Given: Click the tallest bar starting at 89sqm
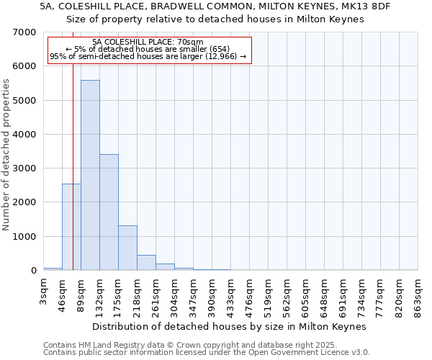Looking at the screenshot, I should pos(90,175).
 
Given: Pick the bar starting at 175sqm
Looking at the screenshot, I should pos(127,248).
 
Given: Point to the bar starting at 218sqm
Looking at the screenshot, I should pos(146,263).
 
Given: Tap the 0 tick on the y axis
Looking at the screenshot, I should pos(33,271).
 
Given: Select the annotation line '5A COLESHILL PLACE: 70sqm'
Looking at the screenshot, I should pos(148,42).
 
